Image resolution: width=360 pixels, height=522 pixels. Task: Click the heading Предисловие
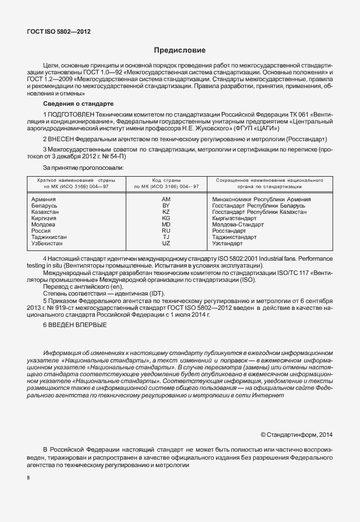click(x=179, y=50)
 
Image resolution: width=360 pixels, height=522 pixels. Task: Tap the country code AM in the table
click(x=166, y=198)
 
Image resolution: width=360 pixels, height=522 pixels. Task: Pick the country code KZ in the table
click(x=166, y=212)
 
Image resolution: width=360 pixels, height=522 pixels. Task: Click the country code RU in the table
click(x=166, y=230)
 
